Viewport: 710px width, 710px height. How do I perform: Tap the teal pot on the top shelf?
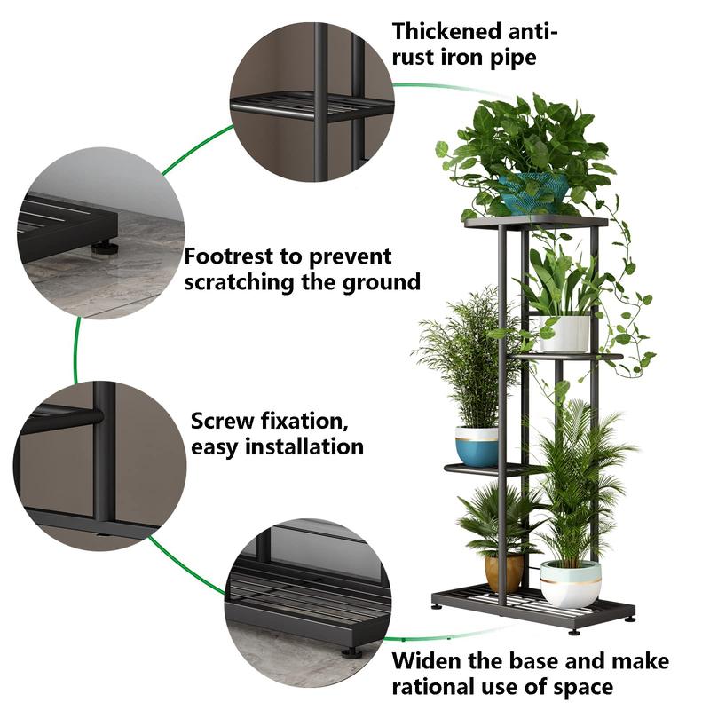click(x=533, y=192)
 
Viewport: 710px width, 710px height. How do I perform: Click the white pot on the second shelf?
click(x=565, y=333)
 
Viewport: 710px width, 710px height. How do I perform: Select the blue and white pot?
click(x=477, y=446)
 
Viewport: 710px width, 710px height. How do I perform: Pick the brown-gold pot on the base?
click(x=503, y=572)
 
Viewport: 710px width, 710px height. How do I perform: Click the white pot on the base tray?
click(x=570, y=583)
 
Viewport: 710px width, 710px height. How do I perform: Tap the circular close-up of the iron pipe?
click(x=312, y=102)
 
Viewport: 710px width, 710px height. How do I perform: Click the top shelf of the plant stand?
click(x=536, y=221)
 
